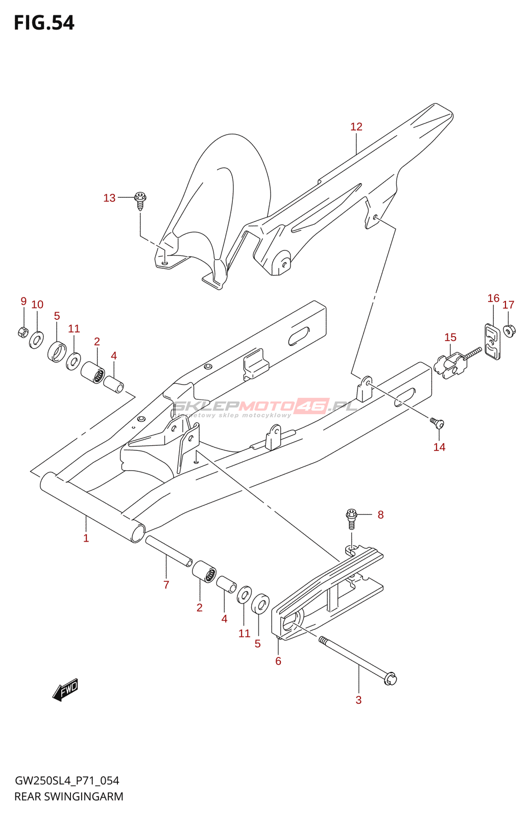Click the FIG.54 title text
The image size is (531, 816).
click(x=44, y=23)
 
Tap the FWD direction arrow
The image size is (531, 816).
click(x=65, y=690)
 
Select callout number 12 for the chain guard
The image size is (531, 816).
click(x=356, y=126)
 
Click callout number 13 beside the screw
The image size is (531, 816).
click(x=109, y=198)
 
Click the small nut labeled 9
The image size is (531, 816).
click(x=23, y=333)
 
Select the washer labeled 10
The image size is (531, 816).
click(x=36, y=339)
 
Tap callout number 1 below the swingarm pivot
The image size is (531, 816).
click(x=86, y=538)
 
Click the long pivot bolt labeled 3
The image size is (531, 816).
click(x=357, y=658)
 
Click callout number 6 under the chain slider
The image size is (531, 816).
click(x=278, y=661)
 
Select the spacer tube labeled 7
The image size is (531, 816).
click(x=168, y=551)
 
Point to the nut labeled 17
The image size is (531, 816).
click(x=509, y=330)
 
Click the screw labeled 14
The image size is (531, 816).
click(x=437, y=423)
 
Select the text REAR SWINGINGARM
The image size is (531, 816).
click(x=69, y=797)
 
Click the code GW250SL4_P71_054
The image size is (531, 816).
click(x=67, y=781)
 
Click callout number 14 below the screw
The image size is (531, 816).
click(x=439, y=447)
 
